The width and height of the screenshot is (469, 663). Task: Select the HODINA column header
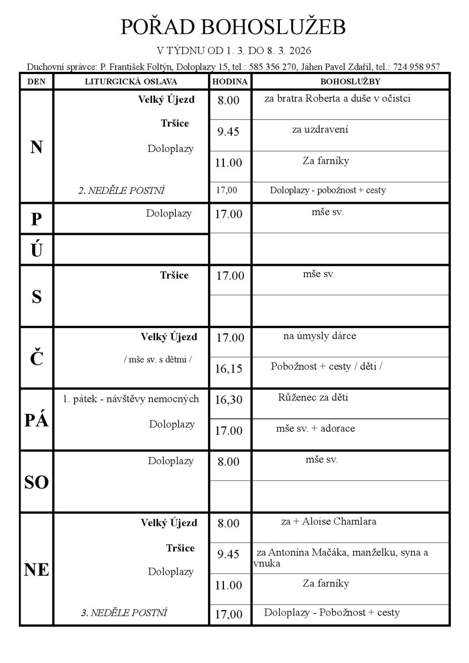click(x=230, y=82)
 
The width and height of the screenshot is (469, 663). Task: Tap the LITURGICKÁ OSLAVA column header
click(x=131, y=82)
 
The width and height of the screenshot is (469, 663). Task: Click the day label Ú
click(x=37, y=251)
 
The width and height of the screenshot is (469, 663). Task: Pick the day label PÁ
click(x=37, y=420)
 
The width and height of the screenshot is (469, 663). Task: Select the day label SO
click(x=37, y=483)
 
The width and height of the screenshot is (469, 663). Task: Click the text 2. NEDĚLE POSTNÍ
click(x=121, y=191)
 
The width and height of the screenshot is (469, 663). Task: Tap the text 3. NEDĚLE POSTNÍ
click(x=124, y=612)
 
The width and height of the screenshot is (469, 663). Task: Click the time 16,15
click(x=229, y=369)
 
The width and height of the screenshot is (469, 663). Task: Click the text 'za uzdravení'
click(x=320, y=130)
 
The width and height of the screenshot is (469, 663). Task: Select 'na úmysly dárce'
click(x=320, y=336)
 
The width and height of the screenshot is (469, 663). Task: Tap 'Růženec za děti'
click(x=314, y=397)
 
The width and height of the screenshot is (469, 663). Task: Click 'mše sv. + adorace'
click(x=315, y=428)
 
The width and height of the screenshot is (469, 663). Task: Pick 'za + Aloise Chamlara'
click(x=329, y=521)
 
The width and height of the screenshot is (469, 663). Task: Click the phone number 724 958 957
click(x=416, y=67)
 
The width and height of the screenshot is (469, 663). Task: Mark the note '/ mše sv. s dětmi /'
click(x=158, y=359)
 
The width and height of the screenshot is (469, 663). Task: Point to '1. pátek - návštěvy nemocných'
click(x=131, y=399)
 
